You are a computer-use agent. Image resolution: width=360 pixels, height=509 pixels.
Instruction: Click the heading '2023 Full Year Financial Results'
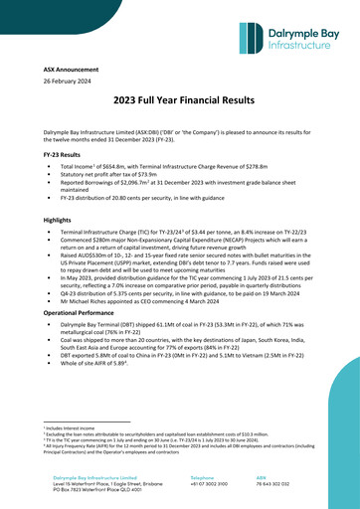pyautogui.click(x=180, y=128)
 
